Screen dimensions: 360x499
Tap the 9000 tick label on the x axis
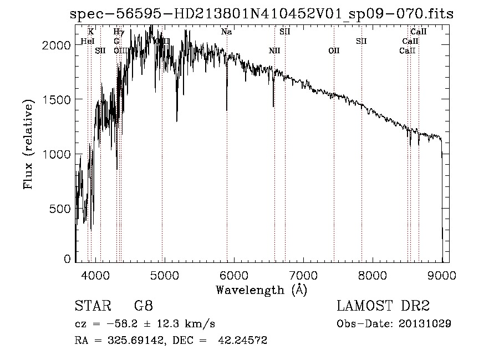[442, 275]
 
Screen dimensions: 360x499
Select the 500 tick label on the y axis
[60, 209]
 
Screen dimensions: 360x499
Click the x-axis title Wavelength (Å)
[261, 290]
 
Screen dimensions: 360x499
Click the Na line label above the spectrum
[226, 32]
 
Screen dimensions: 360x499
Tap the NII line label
[274, 51]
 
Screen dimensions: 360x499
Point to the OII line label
[334, 51]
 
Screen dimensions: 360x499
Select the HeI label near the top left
[88, 42]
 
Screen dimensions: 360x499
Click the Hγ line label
[119, 32]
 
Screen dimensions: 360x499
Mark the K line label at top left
[91, 32]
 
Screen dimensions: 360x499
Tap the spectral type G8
[143, 306]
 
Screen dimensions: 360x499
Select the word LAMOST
[362, 306]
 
